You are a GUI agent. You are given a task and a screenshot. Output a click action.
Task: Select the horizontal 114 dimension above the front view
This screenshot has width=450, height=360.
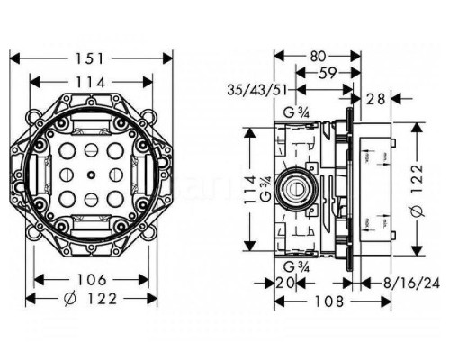91,82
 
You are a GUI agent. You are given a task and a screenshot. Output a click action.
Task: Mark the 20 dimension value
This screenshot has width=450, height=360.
287,283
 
